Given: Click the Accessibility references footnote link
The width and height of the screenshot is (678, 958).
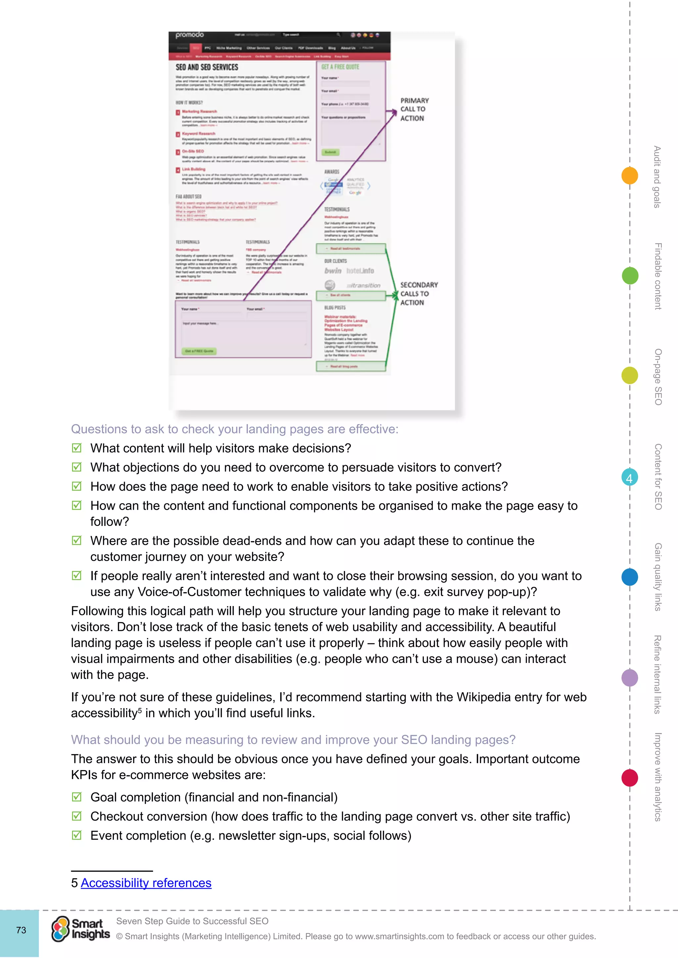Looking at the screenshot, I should pyautogui.click(x=146, y=883).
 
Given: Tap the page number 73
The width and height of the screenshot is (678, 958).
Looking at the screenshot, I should pyautogui.click(x=21, y=930).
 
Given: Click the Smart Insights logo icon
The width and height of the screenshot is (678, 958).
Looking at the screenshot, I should pyautogui.click(x=61, y=929).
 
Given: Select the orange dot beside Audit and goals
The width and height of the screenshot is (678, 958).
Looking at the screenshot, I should pyautogui.click(x=630, y=175).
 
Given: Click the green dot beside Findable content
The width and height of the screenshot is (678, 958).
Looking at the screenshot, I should pyautogui.click(x=630, y=276).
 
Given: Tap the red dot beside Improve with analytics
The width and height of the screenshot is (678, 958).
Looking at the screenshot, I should pyautogui.click(x=630, y=778).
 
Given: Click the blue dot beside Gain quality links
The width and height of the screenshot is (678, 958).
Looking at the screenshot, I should pyautogui.click(x=630, y=577).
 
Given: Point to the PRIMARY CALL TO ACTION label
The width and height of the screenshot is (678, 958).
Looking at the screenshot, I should pyautogui.click(x=414, y=109).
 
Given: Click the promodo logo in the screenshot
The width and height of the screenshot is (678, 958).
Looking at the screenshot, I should pyautogui.click(x=190, y=35).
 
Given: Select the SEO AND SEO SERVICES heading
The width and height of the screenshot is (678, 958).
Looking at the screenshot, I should pyautogui.click(x=207, y=67).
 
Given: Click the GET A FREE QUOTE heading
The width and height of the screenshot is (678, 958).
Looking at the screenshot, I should pyautogui.click(x=340, y=67).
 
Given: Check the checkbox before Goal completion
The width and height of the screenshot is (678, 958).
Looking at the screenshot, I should pyautogui.click(x=77, y=797).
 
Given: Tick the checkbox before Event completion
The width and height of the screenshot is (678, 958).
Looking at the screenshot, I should pyautogui.click(x=77, y=835).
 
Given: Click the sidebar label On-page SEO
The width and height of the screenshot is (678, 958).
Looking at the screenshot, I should pyautogui.click(x=657, y=377).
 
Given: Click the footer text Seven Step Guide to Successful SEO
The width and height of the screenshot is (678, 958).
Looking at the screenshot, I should pyautogui.click(x=192, y=921).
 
